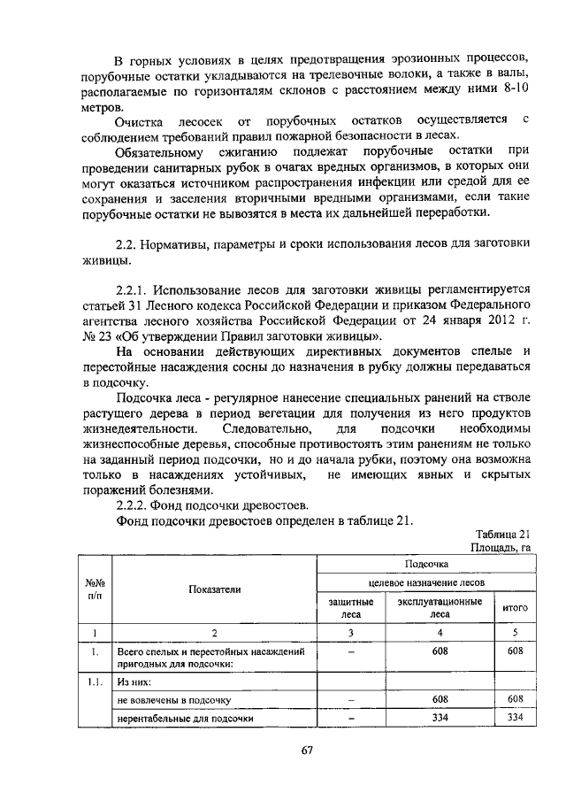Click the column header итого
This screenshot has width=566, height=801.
[x=515, y=608]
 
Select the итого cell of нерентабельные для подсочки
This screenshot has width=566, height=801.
[x=515, y=718]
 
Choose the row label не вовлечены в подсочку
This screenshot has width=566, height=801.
[x=173, y=698]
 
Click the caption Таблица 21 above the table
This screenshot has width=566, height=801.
[x=501, y=535]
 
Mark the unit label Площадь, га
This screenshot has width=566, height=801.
[x=500, y=548]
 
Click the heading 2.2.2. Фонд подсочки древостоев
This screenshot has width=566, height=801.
[x=212, y=504]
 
